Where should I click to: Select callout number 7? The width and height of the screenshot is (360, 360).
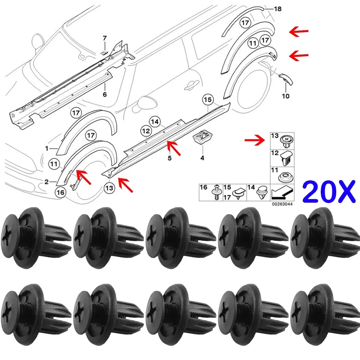pyautogui.click(x=105, y=38)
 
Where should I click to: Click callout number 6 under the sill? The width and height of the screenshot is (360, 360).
pyautogui.click(x=105, y=94)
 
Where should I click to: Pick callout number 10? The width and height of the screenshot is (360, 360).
pyautogui.click(x=285, y=96)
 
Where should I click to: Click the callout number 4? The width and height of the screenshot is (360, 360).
pyautogui.click(x=202, y=157)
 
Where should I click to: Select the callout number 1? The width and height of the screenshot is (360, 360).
pyautogui.click(x=47, y=148)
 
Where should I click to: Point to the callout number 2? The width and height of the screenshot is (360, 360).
pyautogui.click(x=47, y=182)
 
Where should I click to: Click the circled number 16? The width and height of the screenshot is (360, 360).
pyautogui.click(x=60, y=193)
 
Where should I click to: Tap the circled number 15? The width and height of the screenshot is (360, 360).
pyautogui.click(x=208, y=99)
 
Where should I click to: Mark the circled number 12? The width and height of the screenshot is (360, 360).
pyautogui.click(x=145, y=131)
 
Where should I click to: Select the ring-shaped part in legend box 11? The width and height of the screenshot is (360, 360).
pyautogui.click(x=285, y=176)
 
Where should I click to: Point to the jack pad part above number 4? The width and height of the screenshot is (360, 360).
pyautogui.click(x=202, y=137)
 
